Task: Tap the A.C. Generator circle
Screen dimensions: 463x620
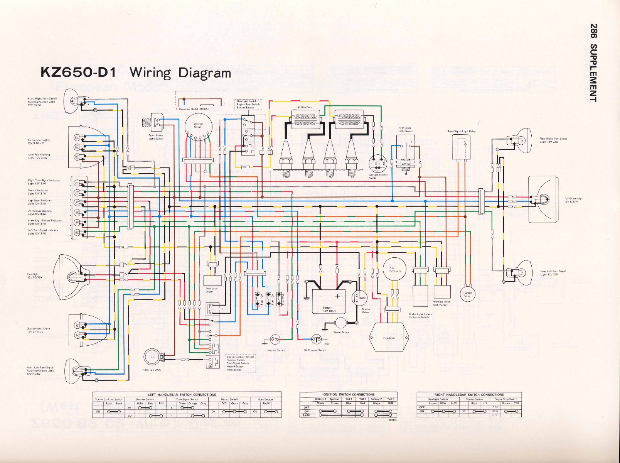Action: tap(394, 270)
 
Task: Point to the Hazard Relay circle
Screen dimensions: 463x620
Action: tap(467, 294)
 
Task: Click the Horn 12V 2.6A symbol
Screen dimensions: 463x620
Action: tap(152, 357)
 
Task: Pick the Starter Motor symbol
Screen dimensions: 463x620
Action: tap(341, 324)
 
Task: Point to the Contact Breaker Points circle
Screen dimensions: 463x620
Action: tap(377, 164)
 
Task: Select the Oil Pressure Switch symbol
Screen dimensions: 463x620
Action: tap(316, 340)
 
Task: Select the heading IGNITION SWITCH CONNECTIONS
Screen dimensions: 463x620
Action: tap(348, 394)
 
